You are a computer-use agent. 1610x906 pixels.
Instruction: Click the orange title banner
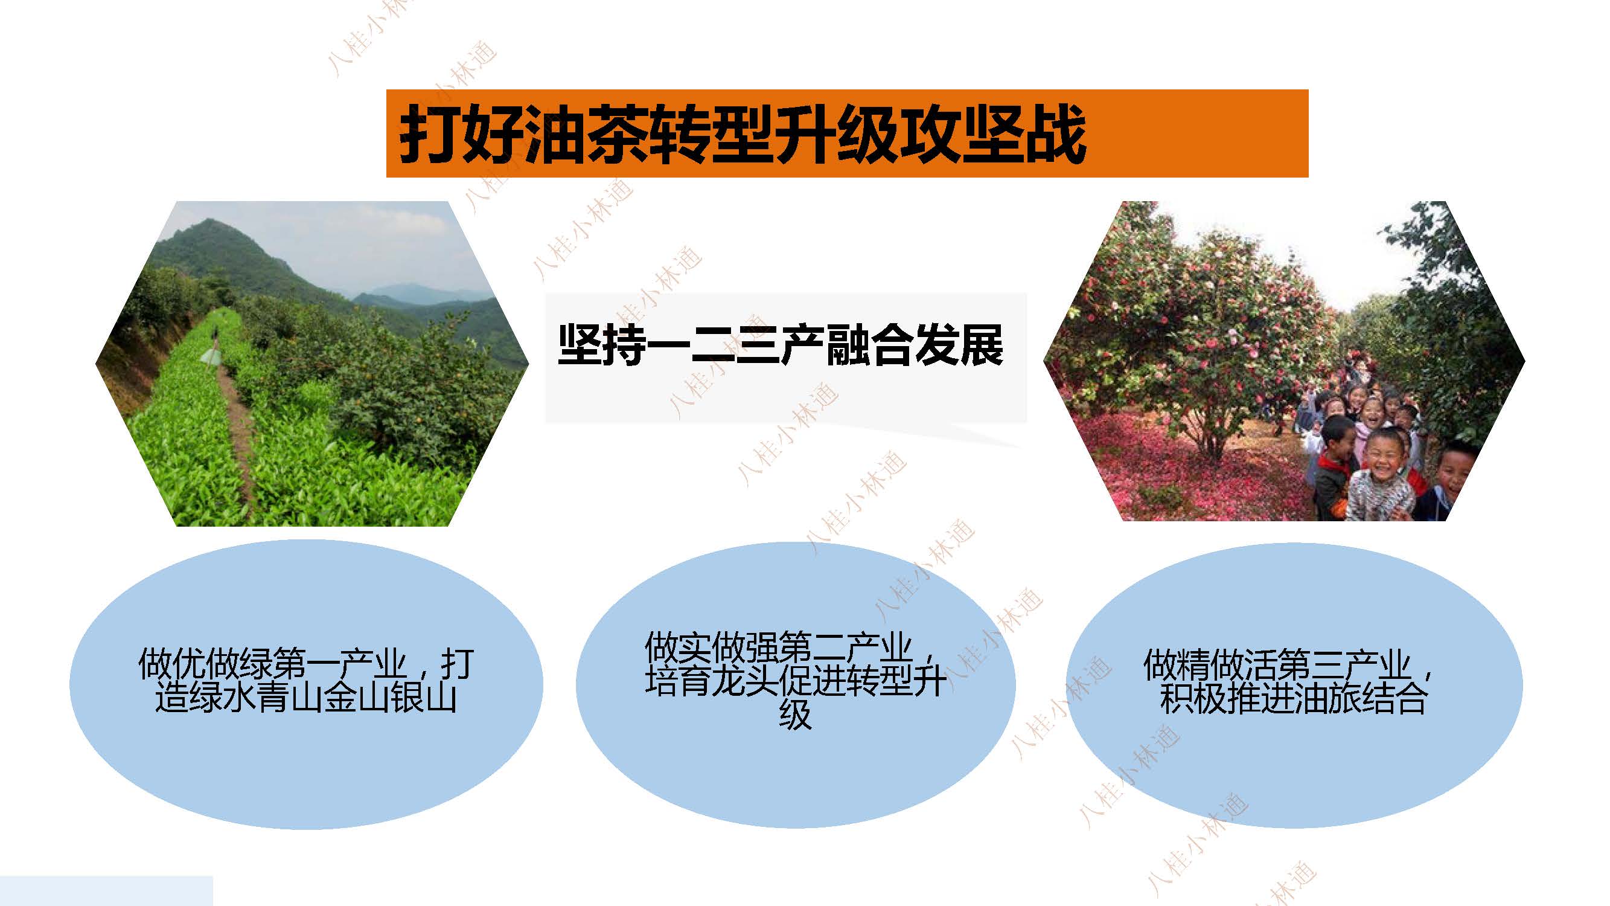[x=847, y=133]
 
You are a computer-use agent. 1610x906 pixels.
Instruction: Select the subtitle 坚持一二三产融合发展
[x=781, y=345]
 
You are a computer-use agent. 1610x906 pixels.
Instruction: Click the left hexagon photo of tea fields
[x=312, y=363]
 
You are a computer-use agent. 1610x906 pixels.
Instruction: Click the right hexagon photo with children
[x=1285, y=361]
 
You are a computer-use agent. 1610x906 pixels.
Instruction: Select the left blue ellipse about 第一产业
[x=306, y=685]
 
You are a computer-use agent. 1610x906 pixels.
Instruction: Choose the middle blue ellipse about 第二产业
[x=795, y=685]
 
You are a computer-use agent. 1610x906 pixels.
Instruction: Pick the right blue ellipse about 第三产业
[x=1294, y=685]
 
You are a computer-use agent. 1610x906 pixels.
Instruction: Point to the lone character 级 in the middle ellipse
[x=795, y=714]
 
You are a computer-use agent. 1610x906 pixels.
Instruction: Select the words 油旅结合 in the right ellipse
[x=1361, y=698]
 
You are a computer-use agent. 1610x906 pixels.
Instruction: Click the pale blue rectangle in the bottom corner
[x=106, y=891]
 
